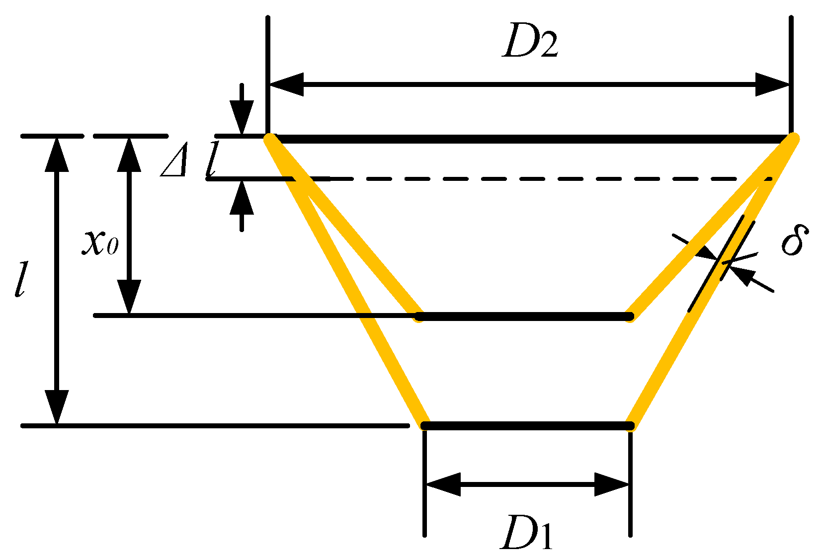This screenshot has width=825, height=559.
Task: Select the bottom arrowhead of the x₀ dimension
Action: click(x=129, y=297)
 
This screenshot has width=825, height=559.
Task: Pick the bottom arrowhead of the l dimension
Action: click(x=57, y=407)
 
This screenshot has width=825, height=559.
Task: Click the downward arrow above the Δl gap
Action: click(x=242, y=116)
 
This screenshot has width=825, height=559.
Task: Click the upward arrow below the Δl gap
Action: click(x=242, y=198)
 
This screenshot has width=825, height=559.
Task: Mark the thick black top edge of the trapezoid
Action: click(x=530, y=139)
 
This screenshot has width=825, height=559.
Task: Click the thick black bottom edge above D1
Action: click(x=527, y=426)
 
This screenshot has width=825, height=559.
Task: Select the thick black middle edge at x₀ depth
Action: click(x=524, y=316)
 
